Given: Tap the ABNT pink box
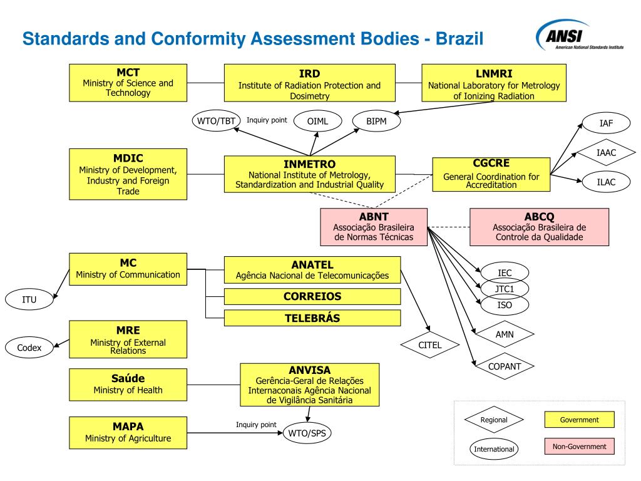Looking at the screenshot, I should pos(374,227).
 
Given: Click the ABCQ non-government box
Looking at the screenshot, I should pos(539,227).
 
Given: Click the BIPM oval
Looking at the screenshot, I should pos(377,121).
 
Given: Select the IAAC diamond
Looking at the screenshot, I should pos(606,152).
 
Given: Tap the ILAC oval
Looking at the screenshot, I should pos(606,182).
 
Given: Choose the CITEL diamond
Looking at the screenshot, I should pos(430,345).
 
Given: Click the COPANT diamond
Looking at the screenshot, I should pos(505,366).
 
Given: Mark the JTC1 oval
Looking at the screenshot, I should pos(505,289).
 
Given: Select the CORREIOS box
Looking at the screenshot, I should pos(312,296).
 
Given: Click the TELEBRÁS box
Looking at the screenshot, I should pos(312,318).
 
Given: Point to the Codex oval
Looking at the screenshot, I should pos(29,347).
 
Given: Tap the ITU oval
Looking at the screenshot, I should pos(29,299).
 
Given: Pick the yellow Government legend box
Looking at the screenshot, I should pos(579,420).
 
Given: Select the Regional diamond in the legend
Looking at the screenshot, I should pos(494,420).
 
